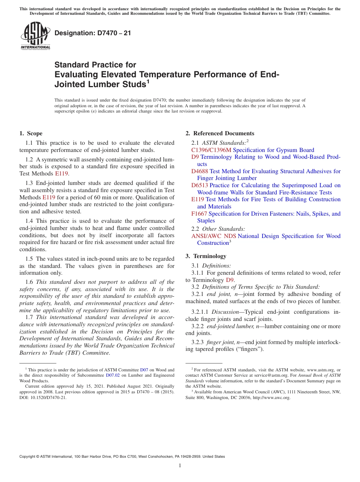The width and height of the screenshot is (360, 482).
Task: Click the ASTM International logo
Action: point(35,36)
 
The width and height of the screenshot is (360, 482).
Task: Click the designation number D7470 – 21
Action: point(93,33)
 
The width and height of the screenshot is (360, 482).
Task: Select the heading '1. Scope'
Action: point(31,133)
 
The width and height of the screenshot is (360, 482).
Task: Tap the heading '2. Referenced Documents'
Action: point(220,133)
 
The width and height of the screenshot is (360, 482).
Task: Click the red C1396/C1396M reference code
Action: point(211,150)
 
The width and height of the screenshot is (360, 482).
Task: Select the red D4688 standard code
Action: point(199,171)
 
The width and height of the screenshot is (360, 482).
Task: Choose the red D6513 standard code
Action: point(200,185)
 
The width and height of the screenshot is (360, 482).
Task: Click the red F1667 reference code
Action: point(199,214)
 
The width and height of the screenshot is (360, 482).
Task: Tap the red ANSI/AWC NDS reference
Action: point(214,236)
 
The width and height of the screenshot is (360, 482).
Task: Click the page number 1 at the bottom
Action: point(180,465)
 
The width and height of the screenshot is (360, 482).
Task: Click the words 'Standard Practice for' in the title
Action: point(95,65)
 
